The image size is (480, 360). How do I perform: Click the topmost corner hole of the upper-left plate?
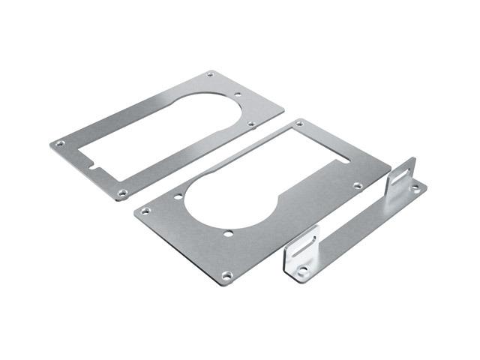click(x=211, y=73)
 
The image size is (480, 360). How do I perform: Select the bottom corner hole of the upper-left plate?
click(x=123, y=193)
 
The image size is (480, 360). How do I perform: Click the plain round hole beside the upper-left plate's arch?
click(x=238, y=95)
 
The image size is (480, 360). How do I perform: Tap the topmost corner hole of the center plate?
click(x=300, y=122)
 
